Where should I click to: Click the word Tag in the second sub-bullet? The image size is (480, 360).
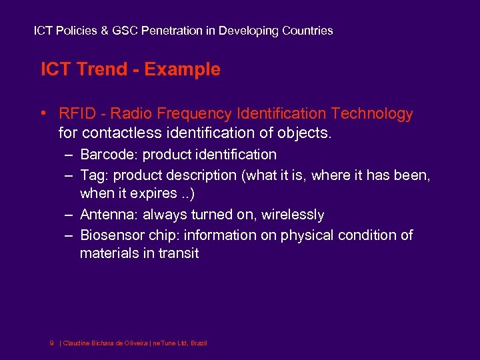tap(91, 175)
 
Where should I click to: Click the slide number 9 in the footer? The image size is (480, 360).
tap(52, 343)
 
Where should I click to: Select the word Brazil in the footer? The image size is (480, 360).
tap(199, 343)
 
